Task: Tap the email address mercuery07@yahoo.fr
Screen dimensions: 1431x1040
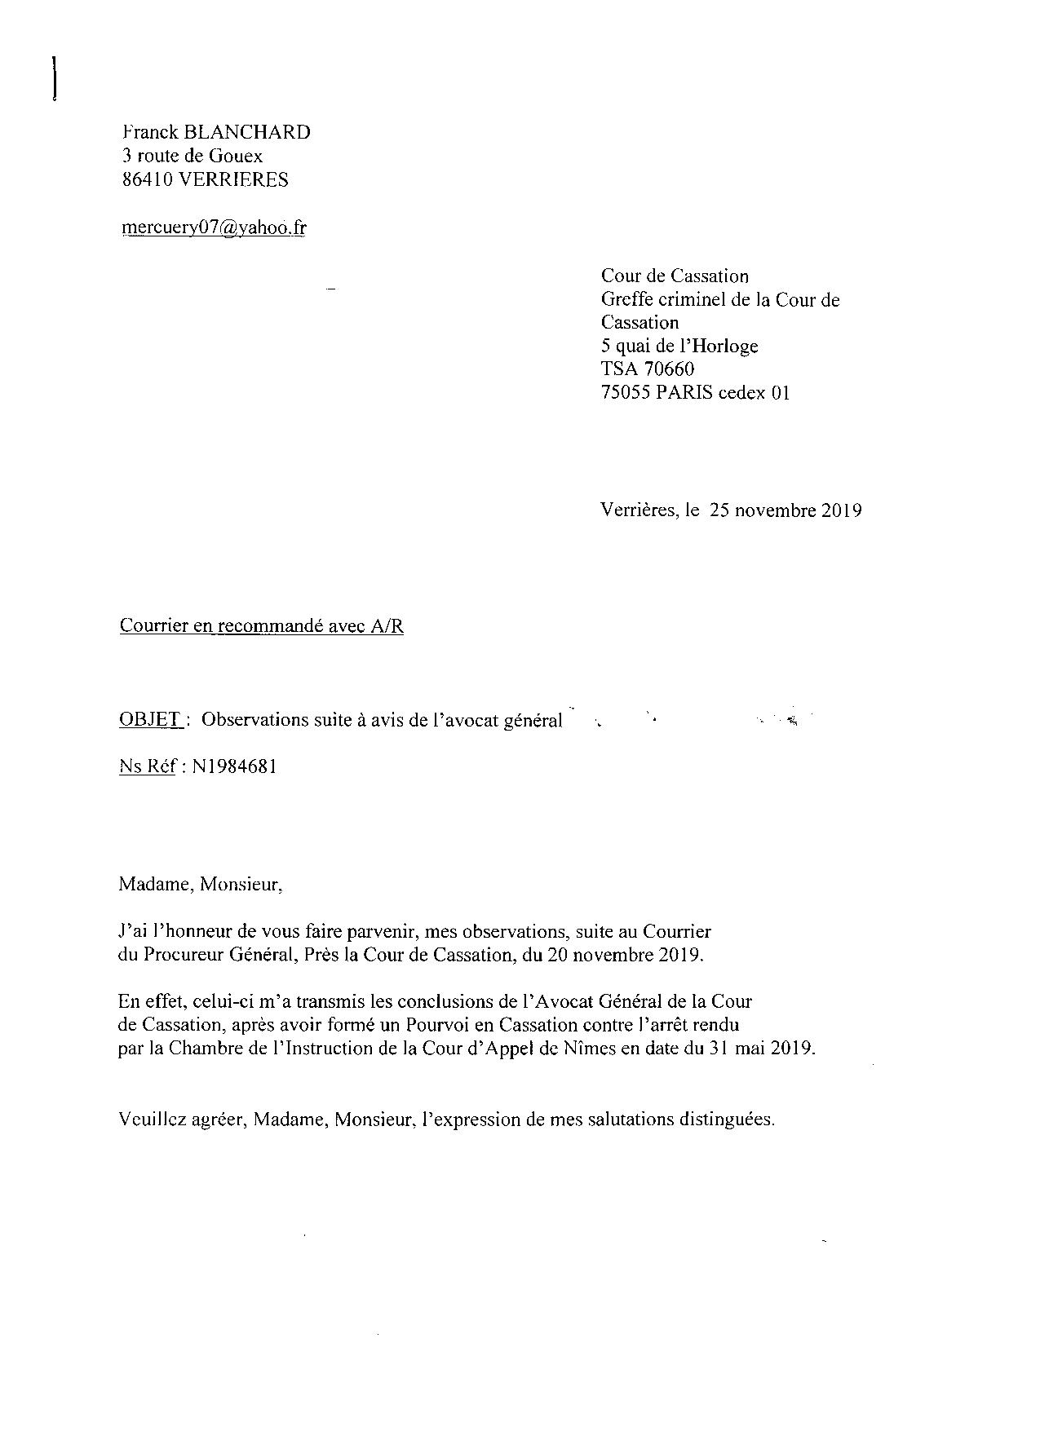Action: point(214,227)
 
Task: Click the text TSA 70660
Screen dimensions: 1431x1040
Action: point(648,369)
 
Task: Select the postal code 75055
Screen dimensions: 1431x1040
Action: point(626,393)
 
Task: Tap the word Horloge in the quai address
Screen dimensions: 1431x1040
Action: point(724,347)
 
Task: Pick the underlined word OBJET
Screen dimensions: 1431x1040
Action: point(150,720)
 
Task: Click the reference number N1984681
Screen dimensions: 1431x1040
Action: point(234,767)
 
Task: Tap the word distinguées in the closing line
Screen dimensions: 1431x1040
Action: point(727,1120)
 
